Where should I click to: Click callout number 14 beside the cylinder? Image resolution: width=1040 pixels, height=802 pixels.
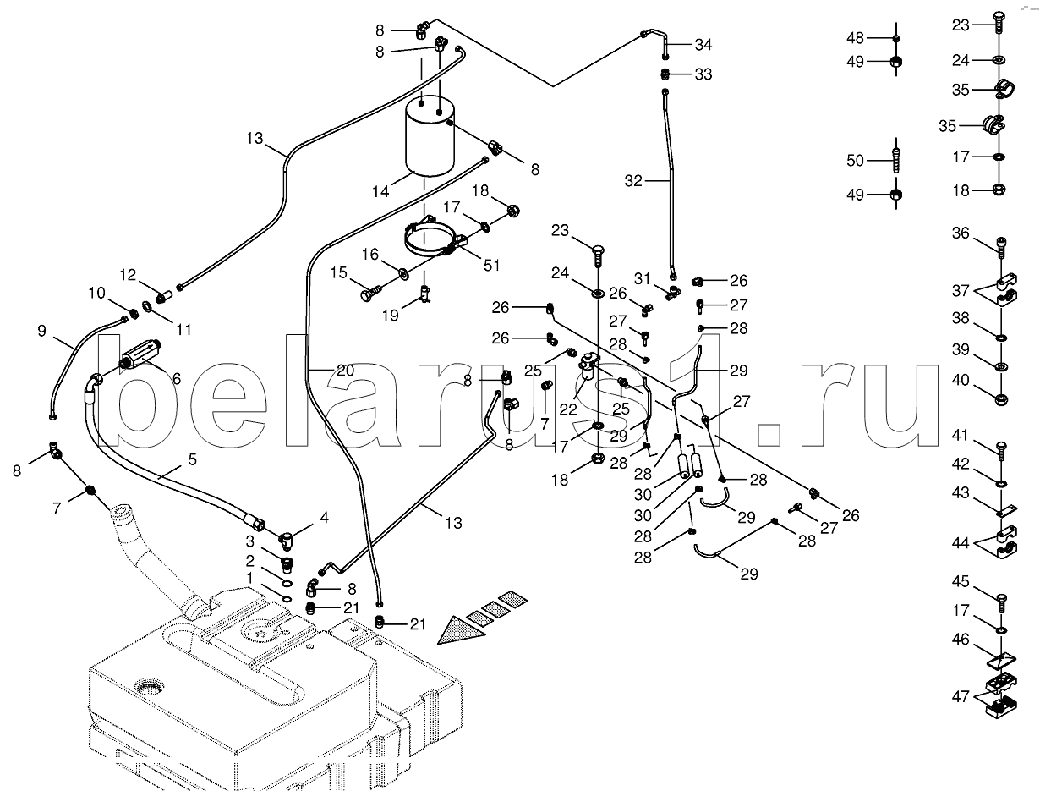[x=380, y=192]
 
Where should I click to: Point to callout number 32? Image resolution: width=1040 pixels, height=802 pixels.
[x=634, y=180]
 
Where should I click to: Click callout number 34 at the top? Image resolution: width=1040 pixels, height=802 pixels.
[x=703, y=44]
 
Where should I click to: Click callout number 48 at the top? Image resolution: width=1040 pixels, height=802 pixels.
[x=855, y=37]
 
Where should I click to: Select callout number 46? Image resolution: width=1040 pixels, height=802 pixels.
[x=960, y=640]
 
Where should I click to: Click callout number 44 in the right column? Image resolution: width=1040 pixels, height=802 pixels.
[x=960, y=543]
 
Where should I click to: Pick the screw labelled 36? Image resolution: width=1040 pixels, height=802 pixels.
[x=1002, y=245]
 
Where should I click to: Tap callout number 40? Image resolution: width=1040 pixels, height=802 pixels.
[x=960, y=380]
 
